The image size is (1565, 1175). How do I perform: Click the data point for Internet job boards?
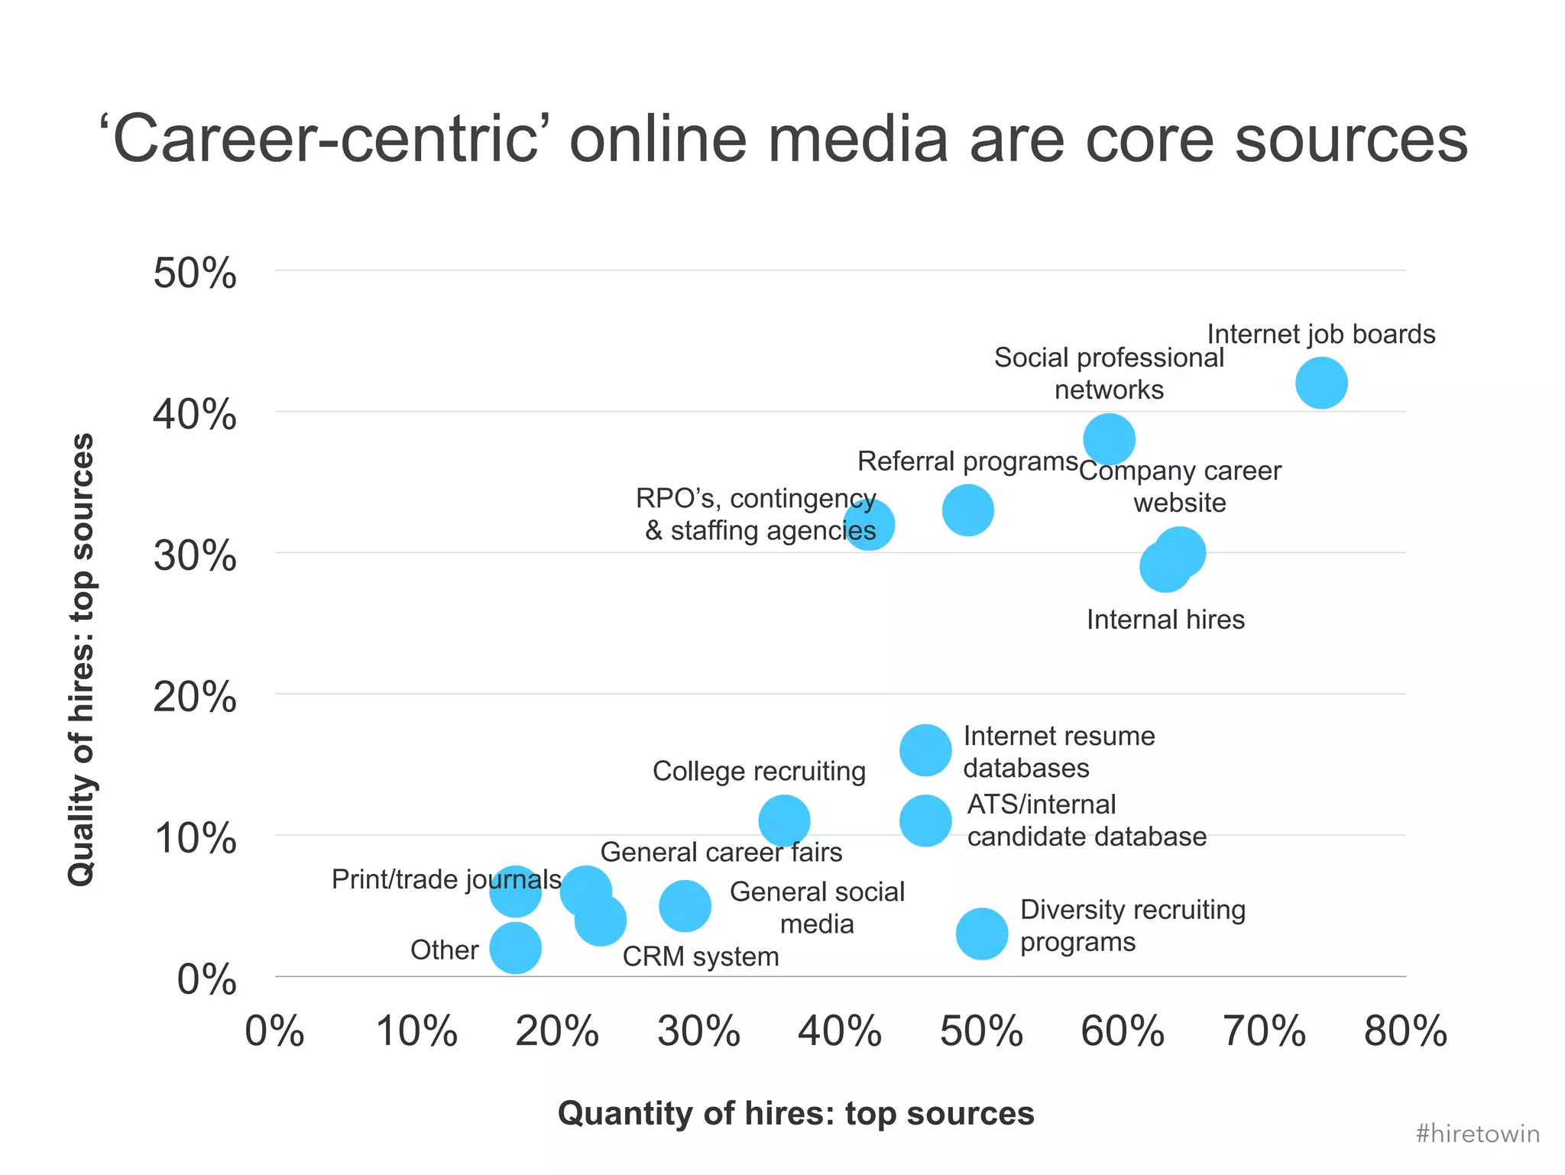point(1321,383)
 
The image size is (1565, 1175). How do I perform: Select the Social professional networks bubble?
point(1109,439)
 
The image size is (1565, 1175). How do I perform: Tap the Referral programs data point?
point(967,510)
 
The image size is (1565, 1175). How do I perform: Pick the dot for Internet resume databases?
point(925,750)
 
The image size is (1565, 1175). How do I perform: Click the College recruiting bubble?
point(784,821)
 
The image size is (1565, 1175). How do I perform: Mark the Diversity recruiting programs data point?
point(982,934)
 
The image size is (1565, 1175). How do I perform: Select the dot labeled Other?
point(515,948)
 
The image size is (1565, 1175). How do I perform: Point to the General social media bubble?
point(685,905)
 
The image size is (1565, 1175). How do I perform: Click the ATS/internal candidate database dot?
point(925,821)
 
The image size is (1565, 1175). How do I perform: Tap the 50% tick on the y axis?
point(195,273)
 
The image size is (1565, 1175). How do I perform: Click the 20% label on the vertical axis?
point(195,697)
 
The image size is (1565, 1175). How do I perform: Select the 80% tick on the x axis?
point(1405,1031)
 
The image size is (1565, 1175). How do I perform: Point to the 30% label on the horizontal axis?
point(698,1031)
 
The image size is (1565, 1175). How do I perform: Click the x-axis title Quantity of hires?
point(795,1113)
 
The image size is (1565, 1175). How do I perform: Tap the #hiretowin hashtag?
point(1477,1134)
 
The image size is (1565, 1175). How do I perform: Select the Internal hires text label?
point(1165,620)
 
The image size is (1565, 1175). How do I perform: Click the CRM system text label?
point(701,957)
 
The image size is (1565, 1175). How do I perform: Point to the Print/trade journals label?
point(446,879)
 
